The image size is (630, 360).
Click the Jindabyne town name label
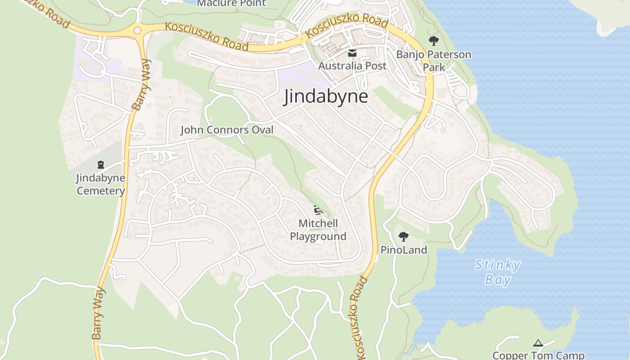click(x=325, y=97)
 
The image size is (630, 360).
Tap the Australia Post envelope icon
click(x=352, y=54)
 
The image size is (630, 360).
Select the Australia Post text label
click(x=352, y=66)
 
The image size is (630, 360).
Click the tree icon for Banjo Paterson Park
click(x=433, y=41)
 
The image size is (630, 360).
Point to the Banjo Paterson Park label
click(x=433, y=61)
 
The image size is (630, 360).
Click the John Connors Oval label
click(x=227, y=130)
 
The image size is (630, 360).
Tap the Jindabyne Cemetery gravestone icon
click(x=100, y=165)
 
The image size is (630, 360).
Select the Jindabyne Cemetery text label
click(x=100, y=184)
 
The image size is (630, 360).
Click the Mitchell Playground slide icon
click(x=318, y=210)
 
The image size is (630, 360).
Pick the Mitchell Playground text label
click(x=318, y=230)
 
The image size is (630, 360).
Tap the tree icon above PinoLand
click(x=404, y=236)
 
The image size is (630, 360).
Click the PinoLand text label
click(x=404, y=250)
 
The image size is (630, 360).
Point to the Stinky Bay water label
click(x=498, y=272)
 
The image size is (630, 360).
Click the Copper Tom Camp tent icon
click(x=538, y=343)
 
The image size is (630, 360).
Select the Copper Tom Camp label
click(x=538, y=355)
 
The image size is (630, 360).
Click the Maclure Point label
click(x=231, y=4)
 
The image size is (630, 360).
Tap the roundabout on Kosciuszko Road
click(x=137, y=31)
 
